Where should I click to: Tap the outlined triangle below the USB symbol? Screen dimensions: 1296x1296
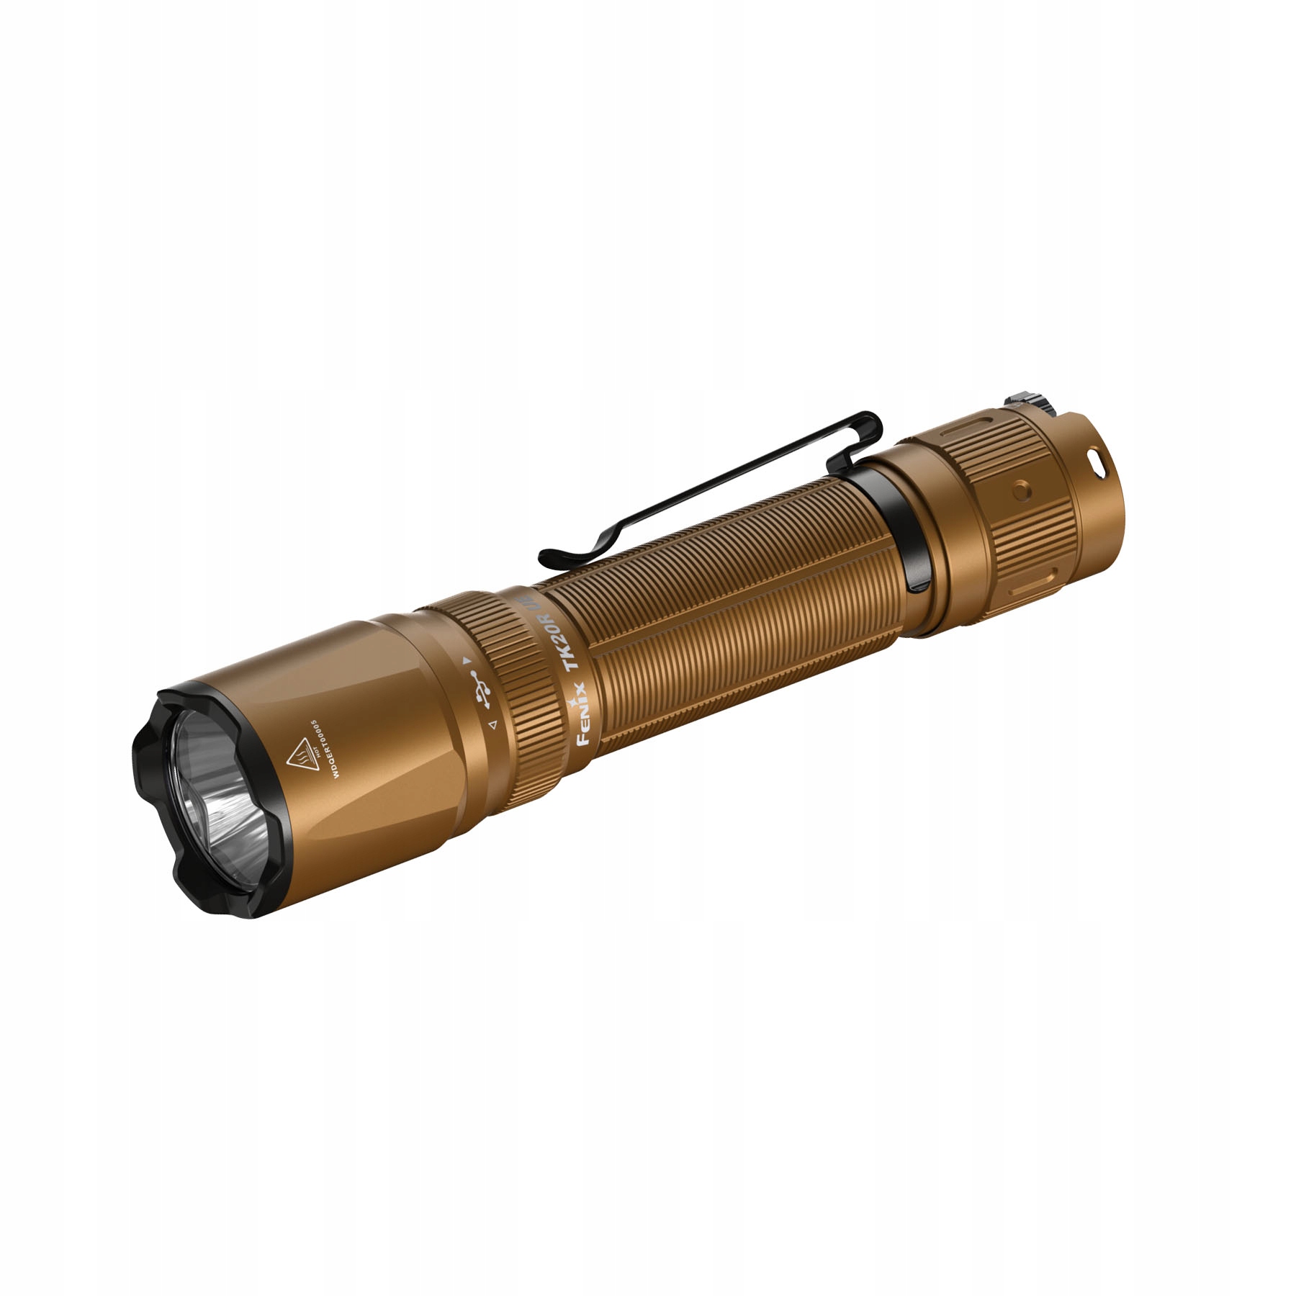pyautogui.click(x=492, y=726)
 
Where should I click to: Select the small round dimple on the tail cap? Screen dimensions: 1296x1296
pyautogui.click(x=1020, y=490)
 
